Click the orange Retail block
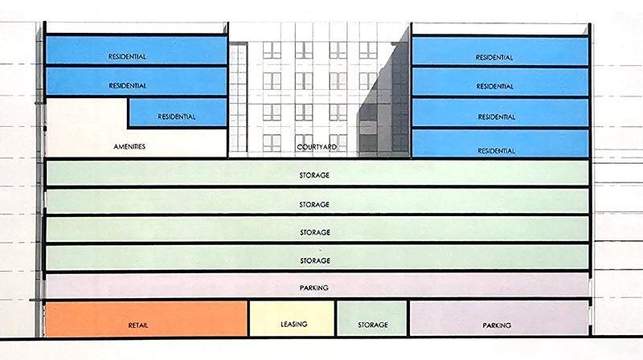pos(145,318)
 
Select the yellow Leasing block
pos(292,318)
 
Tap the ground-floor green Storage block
pos(371,318)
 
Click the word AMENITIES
pos(129,147)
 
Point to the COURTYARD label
pos(314,147)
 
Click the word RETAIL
pos(140,325)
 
